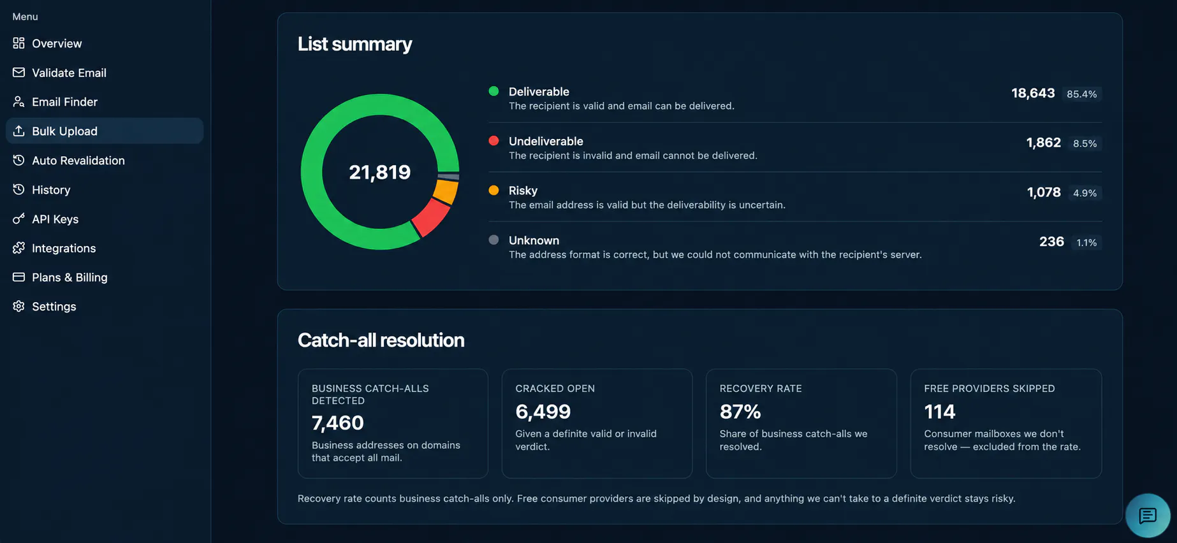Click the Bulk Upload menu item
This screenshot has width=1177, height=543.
tap(105, 131)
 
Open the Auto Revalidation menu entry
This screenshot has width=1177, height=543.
tap(78, 161)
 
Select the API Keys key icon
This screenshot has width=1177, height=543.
tap(18, 219)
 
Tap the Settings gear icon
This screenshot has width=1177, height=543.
tap(18, 307)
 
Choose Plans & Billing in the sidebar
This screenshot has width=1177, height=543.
tap(69, 277)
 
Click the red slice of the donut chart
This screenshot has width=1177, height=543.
tap(430, 217)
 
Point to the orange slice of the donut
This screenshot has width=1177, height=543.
tap(446, 191)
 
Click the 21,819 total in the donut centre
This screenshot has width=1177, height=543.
tap(379, 172)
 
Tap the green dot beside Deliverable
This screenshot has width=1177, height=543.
tap(493, 91)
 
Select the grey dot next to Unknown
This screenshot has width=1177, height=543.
tap(493, 240)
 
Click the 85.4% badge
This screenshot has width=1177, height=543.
tap(1082, 94)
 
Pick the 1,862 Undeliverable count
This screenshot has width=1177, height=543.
tap(1044, 143)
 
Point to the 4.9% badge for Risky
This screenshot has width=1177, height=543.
tap(1085, 192)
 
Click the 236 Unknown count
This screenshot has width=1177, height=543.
tap(1051, 242)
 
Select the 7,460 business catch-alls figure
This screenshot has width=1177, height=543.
tap(338, 423)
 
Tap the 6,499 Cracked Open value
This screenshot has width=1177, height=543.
tap(543, 412)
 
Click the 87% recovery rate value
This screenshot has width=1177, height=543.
tap(740, 412)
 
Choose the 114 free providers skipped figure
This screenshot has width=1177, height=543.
tap(940, 412)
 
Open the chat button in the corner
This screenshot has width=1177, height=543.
tap(1148, 516)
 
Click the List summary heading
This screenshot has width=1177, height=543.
tap(355, 44)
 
